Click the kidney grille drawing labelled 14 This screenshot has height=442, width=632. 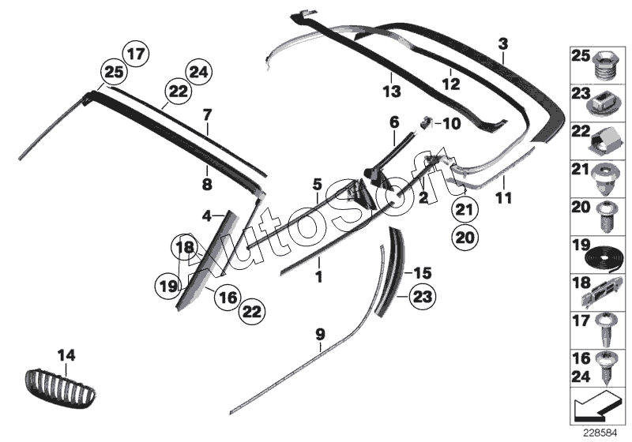62,387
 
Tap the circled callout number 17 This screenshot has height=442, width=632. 135,55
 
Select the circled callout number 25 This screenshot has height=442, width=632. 114,73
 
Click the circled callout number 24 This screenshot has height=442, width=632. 198,73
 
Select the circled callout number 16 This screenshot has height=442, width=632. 225,298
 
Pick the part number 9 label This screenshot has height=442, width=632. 320,335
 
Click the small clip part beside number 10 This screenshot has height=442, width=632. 425,122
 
